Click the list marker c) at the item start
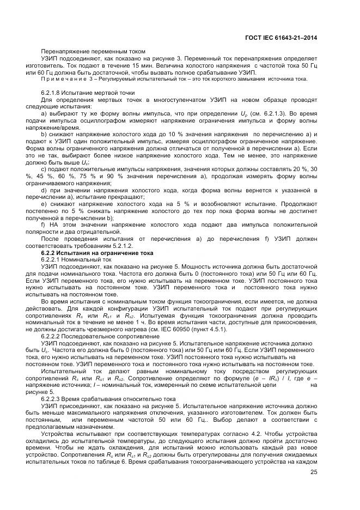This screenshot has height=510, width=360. [44, 171]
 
